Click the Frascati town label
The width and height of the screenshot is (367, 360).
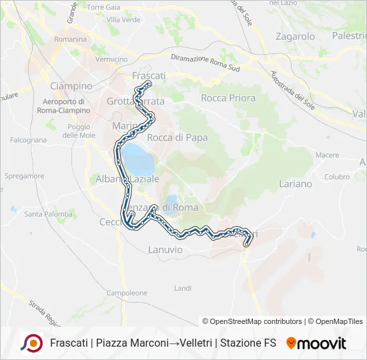(x=149, y=76)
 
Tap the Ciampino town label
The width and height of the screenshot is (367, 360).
(x=71, y=86)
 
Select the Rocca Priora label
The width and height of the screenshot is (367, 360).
(x=228, y=98)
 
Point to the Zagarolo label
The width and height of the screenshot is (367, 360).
(x=295, y=37)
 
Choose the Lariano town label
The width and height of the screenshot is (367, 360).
(x=295, y=183)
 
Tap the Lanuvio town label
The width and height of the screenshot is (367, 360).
(x=164, y=249)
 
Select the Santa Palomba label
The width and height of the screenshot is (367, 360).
(x=48, y=214)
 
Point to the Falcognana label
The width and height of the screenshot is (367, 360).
(x=28, y=140)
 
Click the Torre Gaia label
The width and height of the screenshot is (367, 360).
(x=103, y=7)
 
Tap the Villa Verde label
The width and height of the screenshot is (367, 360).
(x=123, y=19)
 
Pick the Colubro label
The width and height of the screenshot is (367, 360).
(x=337, y=177)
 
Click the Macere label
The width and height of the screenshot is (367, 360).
(x=327, y=155)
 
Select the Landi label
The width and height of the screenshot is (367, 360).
(x=182, y=288)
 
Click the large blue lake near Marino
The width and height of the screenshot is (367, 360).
(x=138, y=159)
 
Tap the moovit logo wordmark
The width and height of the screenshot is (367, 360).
(x=316, y=343)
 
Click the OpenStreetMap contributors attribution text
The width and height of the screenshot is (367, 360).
(x=252, y=321)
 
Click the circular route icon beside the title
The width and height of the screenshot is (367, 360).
(x=31, y=343)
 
